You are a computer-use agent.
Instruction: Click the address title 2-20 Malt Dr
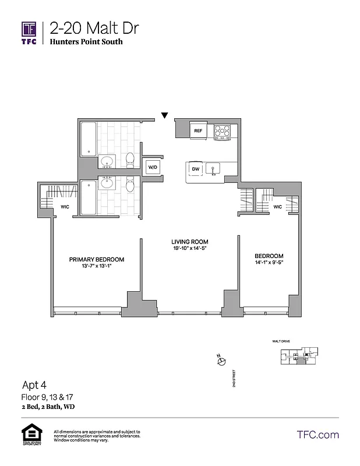click(x=94, y=28)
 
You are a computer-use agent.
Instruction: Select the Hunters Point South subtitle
click(x=86, y=42)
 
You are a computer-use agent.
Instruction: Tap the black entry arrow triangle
click(x=165, y=115)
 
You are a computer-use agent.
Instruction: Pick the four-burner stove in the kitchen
click(x=221, y=132)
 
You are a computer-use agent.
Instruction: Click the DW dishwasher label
click(x=196, y=169)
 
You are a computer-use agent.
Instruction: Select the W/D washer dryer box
click(x=153, y=167)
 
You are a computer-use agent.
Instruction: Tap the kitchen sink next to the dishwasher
click(x=213, y=169)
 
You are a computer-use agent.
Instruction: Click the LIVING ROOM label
click(x=189, y=242)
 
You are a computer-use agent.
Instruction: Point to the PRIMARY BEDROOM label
click(x=97, y=260)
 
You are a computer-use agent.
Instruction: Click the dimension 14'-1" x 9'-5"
click(x=269, y=263)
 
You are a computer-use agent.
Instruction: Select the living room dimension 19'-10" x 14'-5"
click(x=189, y=249)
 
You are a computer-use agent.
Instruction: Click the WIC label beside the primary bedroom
click(x=65, y=206)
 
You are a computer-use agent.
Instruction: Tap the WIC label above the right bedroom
click(x=277, y=206)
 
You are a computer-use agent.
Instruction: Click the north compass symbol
click(x=221, y=362)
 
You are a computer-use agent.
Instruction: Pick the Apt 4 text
click(x=33, y=385)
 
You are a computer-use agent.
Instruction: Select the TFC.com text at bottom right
click(x=318, y=435)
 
